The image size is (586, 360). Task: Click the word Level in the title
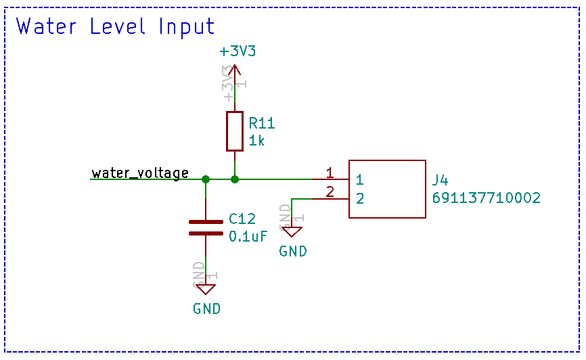(118, 26)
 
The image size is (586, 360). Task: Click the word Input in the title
(187, 27)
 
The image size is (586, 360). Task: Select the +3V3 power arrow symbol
(234, 69)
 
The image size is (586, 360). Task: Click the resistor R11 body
(234, 131)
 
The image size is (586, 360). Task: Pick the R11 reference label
(262, 123)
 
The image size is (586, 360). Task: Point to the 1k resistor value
(256, 140)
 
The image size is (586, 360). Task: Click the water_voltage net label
(140, 173)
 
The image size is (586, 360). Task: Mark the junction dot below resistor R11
(234, 179)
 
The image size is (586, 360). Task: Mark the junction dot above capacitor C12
(206, 179)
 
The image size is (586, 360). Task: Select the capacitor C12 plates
(206, 227)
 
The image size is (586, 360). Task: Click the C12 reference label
(242, 219)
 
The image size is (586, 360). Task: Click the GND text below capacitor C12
(206, 309)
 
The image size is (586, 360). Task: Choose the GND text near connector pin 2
(293, 251)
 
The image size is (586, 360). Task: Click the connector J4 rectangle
(387, 189)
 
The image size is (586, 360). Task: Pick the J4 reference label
(440, 181)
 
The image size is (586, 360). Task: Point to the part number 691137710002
(486, 198)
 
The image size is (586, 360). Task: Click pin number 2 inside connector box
(360, 198)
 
